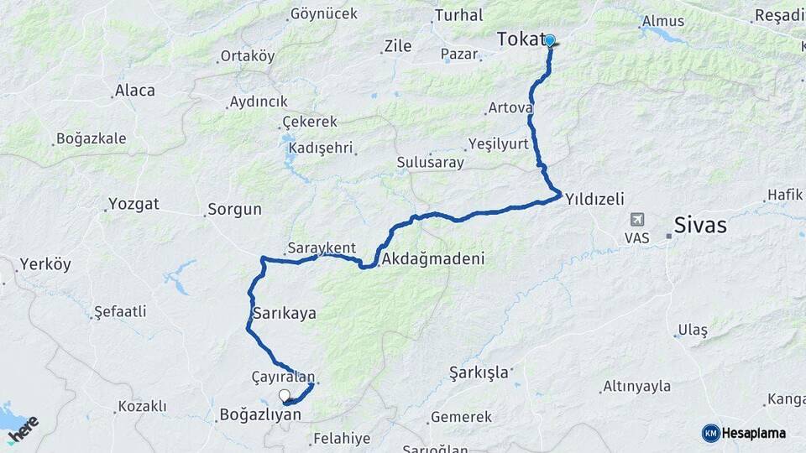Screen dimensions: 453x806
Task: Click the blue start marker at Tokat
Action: pyautogui.click(x=550, y=39)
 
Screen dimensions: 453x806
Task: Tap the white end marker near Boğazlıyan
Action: pyautogui.click(x=284, y=395)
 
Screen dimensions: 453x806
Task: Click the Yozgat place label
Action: pyautogui.click(x=133, y=204)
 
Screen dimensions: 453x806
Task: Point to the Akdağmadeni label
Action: pyautogui.click(x=432, y=259)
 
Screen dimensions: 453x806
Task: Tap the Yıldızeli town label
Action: pyautogui.click(x=594, y=199)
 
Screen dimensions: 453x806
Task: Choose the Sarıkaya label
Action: pyautogui.click(x=284, y=313)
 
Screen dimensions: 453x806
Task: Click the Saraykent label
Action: pyautogui.click(x=322, y=247)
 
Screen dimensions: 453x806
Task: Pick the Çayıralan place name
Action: pyautogui.click(x=283, y=377)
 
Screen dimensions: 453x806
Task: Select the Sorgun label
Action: pyautogui.click(x=235, y=209)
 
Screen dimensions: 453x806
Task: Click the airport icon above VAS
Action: pyautogui.click(x=637, y=220)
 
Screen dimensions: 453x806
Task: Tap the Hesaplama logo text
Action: pyautogui.click(x=753, y=433)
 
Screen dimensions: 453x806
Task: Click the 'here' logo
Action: pyautogui.click(x=23, y=429)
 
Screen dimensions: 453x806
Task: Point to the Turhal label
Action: pyautogui.click(x=458, y=15)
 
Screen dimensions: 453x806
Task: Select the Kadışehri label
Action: pyautogui.click(x=319, y=147)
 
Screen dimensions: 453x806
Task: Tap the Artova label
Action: pyautogui.click(x=509, y=107)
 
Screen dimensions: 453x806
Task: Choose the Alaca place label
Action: pyautogui.click(x=135, y=91)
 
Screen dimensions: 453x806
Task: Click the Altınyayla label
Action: pyautogui.click(x=636, y=386)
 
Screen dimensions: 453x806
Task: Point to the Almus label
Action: pyautogui.click(x=663, y=21)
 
